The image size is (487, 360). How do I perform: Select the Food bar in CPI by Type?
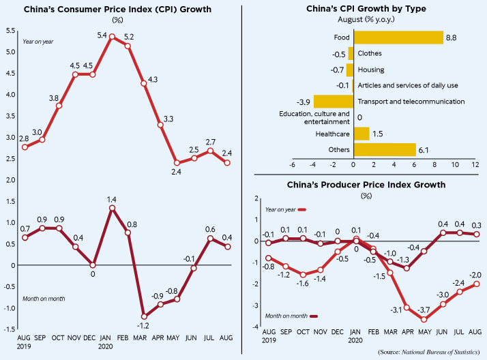[x=398, y=37]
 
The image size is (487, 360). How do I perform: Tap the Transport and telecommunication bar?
[x=333, y=101]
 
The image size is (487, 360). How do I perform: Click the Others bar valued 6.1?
[x=385, y=149]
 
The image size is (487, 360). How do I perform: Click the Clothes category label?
[x=370, y=53]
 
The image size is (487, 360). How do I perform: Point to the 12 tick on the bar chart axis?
[x=475, y=164]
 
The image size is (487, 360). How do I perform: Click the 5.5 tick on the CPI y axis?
[x=10, y=31]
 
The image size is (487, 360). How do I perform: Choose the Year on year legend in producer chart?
[x=280, y=210]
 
